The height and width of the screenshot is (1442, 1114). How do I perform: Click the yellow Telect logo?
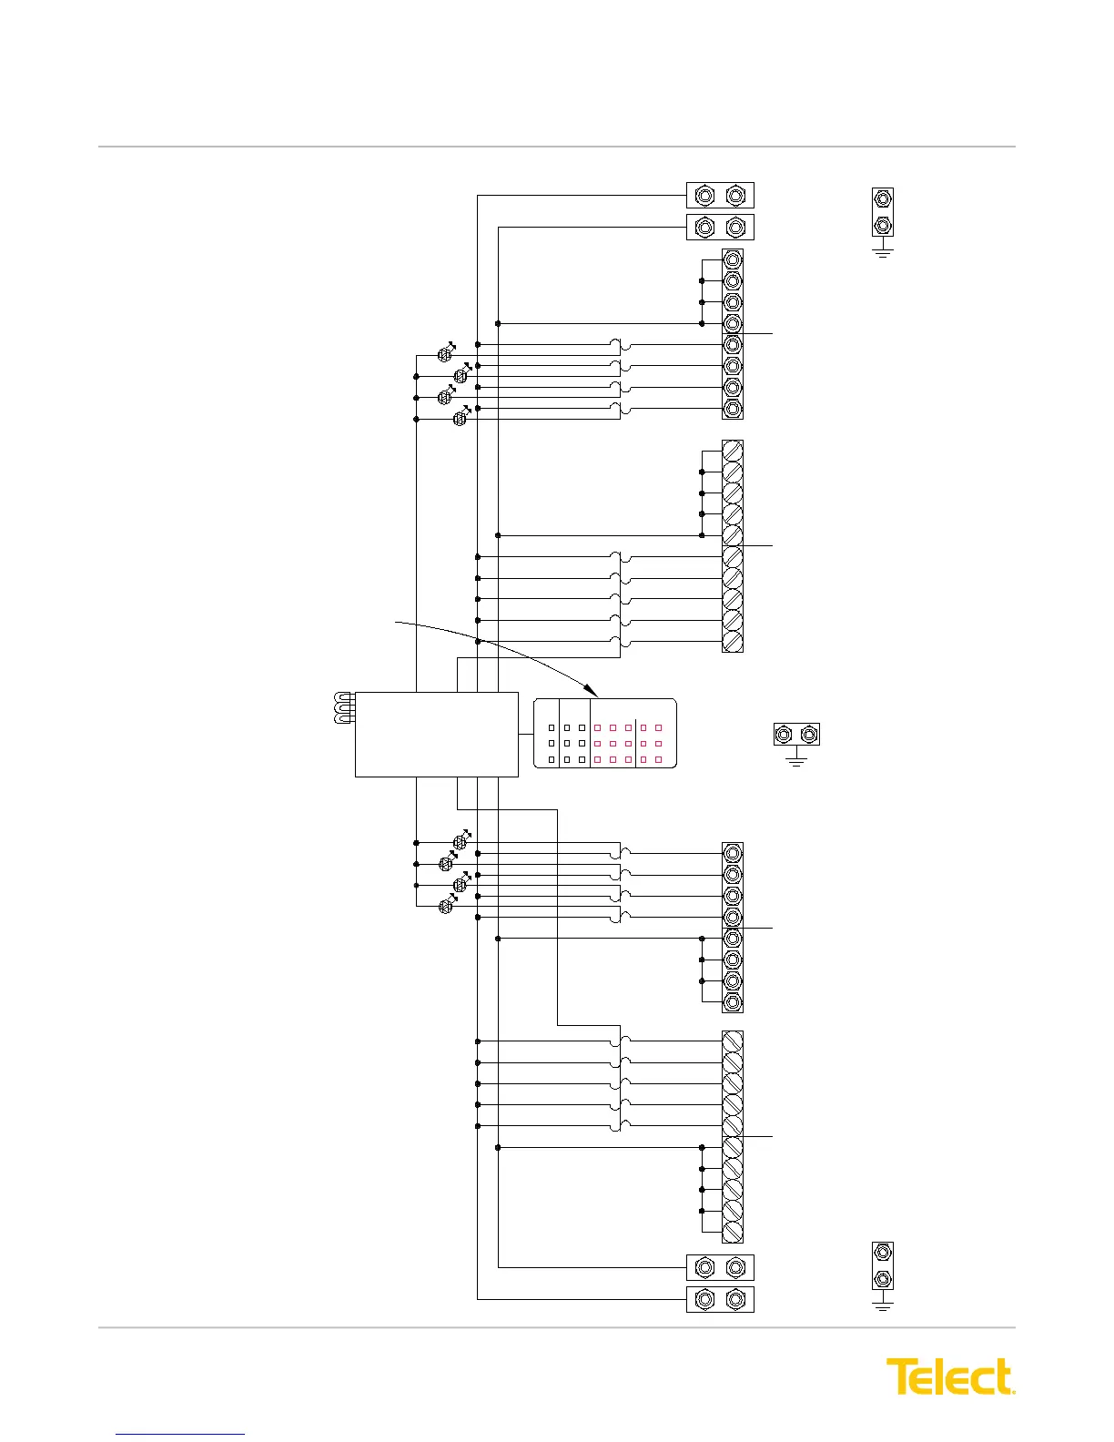click(950, 1376)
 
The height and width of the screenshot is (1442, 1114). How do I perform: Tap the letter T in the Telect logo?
click(901, 1376)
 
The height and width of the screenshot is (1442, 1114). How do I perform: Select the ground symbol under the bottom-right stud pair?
click(882, 1304)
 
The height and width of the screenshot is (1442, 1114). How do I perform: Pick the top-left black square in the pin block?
click(552, 728)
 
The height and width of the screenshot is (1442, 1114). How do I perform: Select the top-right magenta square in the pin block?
click(658, 728)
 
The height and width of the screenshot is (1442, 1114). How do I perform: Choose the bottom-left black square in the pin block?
click(552, 759)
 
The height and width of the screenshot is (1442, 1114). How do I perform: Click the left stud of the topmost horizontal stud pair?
click(704, 196)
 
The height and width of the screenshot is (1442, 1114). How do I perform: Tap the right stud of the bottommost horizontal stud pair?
click(735, 1299)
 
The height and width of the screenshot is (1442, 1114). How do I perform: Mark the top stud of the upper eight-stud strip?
click(733, 260)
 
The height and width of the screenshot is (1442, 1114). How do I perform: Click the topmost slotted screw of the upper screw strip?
click(733, 452)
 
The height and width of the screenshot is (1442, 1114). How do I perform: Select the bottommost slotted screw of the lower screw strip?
click(733, 1231)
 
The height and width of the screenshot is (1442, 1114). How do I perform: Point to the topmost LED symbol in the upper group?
click(445, 353)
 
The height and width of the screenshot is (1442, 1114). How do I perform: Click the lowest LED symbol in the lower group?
click(446, 905)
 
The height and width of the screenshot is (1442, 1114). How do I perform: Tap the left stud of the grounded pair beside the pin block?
click(783, 734)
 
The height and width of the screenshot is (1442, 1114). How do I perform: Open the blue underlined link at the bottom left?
click(180, 1434)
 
